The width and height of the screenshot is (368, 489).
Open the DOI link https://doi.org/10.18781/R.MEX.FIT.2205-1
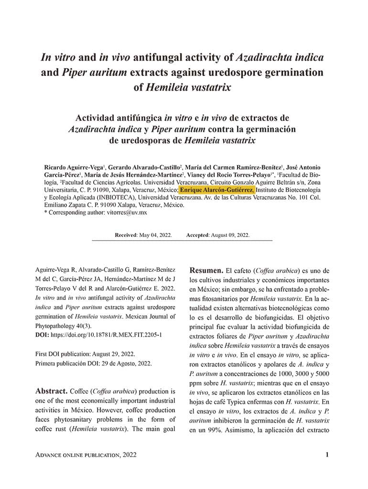coord(106,335)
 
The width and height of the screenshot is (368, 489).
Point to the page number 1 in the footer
coord(327,455)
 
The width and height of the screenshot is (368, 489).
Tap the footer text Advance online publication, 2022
coord(87,455)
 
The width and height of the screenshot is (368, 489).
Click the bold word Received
coord(126,235)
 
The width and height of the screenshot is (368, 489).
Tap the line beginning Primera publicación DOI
coord(94,363)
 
